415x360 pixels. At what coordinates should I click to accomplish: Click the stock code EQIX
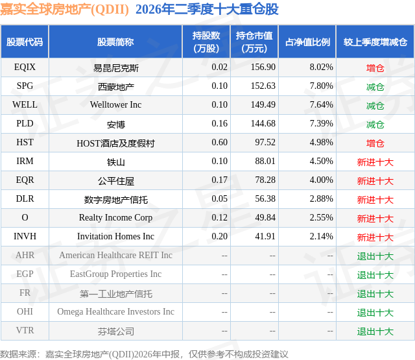(x=25, y=67)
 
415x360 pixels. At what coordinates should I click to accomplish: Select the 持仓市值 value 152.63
(x=263, y=86)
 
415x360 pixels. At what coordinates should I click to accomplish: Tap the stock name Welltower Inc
(x=115, y=105)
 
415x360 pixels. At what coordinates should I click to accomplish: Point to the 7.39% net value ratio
(x=322, y=124)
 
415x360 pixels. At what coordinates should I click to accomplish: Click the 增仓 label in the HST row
(x=375, y=143)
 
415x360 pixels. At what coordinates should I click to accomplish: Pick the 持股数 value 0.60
(x=219, y=143)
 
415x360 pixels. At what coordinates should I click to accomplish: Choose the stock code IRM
(x=25, y=162)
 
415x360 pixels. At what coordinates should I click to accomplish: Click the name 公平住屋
(x=116, y=181)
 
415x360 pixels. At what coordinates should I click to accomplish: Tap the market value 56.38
(x=265, y=198)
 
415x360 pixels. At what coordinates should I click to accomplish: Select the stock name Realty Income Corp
(x=115, y=217)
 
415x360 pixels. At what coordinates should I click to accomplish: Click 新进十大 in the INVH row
(x=375, y=237)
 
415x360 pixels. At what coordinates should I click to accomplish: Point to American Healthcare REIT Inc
(x=115, y=255)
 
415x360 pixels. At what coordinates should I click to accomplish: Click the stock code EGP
(x=25, y=274)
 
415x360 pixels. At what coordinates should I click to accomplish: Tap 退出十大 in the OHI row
(x=375, y=313)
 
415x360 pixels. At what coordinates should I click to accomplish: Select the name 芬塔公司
(x=116, y=331)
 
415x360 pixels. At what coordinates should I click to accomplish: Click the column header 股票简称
(x=115, y=42)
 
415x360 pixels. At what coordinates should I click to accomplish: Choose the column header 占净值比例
(x=307, y=42)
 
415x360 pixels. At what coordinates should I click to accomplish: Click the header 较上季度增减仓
(x=375, y=42)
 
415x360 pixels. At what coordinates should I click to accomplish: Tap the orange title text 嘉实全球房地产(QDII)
(x=65, y=10)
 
